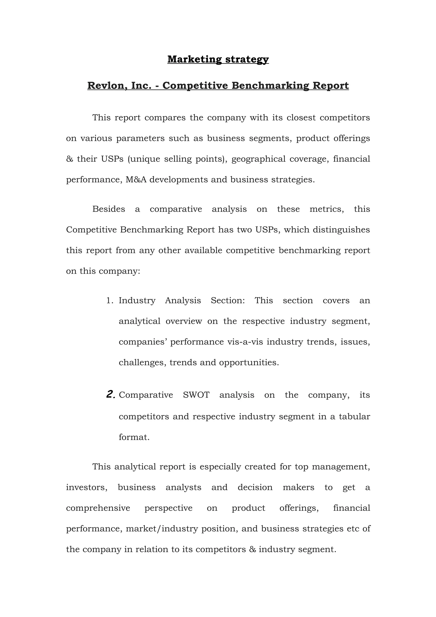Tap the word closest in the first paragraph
(301, 118)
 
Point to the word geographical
(258, 159)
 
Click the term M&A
(136, 179)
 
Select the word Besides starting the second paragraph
(109, 209)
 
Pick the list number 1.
(110, 300)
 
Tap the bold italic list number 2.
(111, 395)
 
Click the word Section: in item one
(228, 300)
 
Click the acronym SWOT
(196, 395)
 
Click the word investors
(86, 488)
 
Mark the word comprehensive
(98, 508)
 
